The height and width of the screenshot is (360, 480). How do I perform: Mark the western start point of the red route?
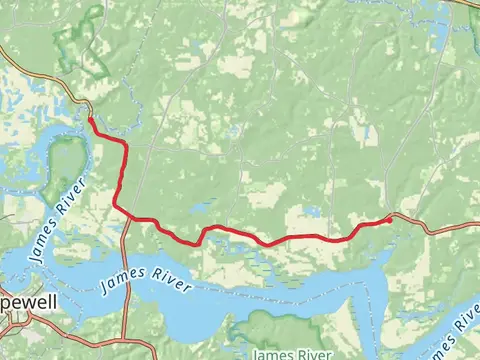tap(90, 119)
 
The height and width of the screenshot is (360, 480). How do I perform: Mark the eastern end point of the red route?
tap(389, 219)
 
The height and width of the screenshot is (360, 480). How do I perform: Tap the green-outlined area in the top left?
tap(85, 40)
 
